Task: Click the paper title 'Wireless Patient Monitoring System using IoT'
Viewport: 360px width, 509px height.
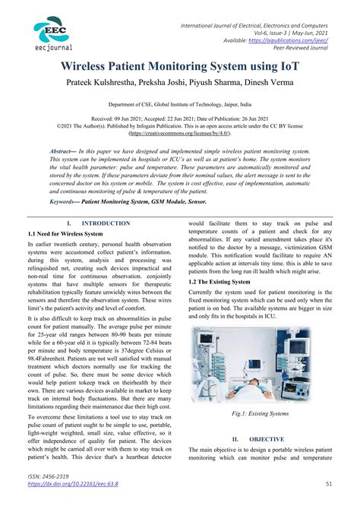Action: (179, 69)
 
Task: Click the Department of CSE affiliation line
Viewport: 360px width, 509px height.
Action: (179, 108)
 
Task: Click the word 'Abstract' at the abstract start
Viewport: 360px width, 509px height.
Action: (64, 152)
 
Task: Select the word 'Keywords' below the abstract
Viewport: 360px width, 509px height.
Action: (65, 202)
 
